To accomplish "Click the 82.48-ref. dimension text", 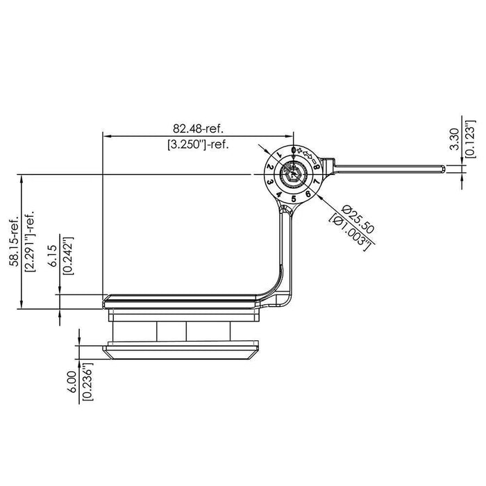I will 198,128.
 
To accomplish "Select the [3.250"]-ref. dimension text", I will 198,145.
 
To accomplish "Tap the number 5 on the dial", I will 294,199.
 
